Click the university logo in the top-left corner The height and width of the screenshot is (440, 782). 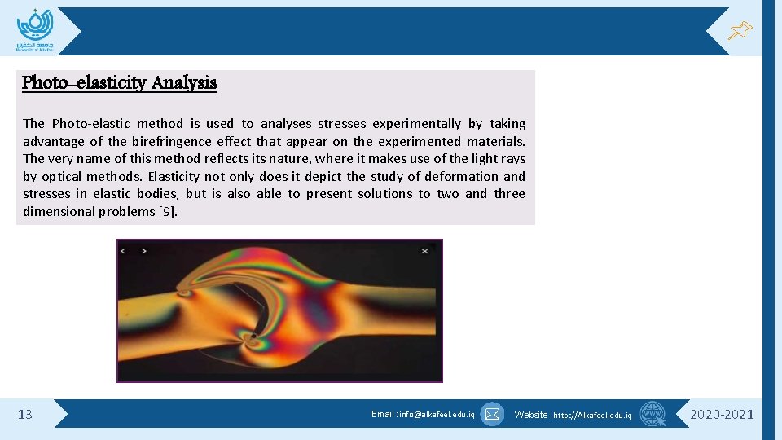(34, 29)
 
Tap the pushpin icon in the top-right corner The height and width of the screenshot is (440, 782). (740, 31)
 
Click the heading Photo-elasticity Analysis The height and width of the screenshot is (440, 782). (119, 83)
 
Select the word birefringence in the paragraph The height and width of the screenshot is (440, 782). (166, 141)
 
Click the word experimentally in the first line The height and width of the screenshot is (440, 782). (416, 124)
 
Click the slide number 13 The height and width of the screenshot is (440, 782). (25, 415)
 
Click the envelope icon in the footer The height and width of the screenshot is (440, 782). (492, 414)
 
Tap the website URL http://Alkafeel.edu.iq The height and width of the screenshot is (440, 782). (592, 416)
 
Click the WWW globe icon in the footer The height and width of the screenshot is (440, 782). (652, 414)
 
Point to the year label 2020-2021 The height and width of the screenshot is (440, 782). (722, 415)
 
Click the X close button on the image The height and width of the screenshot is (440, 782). (424, 251)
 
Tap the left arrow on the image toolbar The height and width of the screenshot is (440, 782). (123, 251)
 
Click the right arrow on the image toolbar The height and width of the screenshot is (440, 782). (144, 251)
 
